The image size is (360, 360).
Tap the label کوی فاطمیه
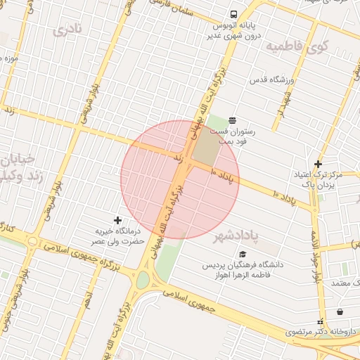coord(297,47)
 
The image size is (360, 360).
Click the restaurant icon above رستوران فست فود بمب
coord(233,120)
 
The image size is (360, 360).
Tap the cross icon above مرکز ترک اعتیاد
coord(318,163)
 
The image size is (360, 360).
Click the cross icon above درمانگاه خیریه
coord(117,220)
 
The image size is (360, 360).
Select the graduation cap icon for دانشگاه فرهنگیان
coord(243,254)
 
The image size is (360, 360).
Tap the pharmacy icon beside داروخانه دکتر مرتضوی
coord(340,311)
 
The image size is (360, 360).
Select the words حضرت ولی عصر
coord(117,241)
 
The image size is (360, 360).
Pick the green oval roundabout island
coord(143,280)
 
